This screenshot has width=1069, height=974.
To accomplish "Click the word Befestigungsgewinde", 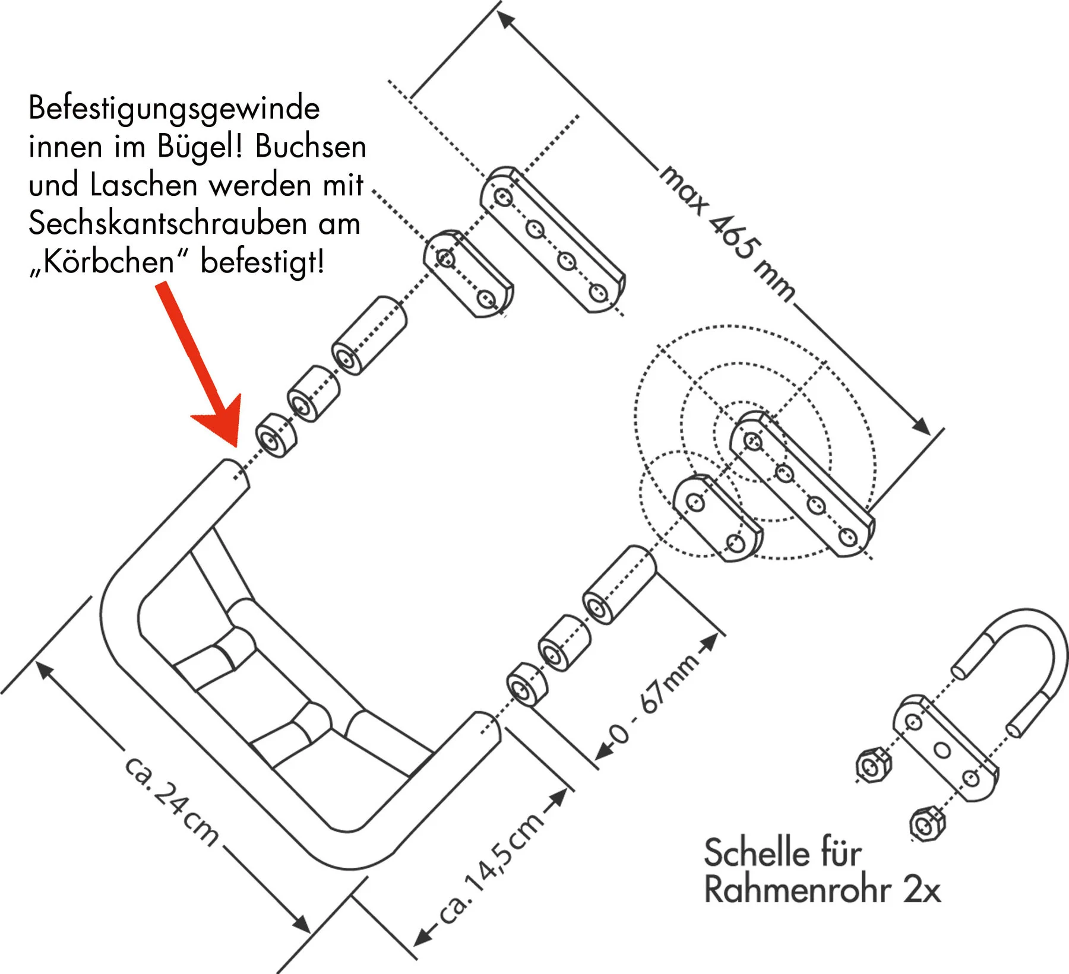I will tap(174, 109).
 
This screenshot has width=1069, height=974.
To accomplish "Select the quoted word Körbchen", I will tap(109, 261).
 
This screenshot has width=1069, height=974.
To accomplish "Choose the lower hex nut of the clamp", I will tap(926, 824).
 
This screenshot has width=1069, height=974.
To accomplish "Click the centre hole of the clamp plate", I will tap(942, 750).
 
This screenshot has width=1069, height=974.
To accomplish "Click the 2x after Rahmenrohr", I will tap(922, 890).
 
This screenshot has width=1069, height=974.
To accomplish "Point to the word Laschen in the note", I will tap(144, 185).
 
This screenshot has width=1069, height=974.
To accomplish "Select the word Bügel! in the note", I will tap(200, 147).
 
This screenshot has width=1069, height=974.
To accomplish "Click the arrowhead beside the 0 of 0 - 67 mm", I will tap(605, 751).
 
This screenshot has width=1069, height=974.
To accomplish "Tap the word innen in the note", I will tap(65, 147).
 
